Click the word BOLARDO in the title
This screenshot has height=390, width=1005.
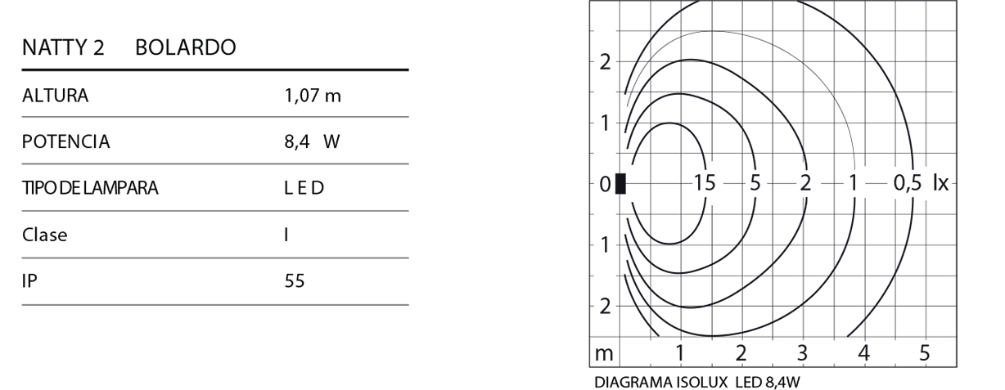tap(186, 47)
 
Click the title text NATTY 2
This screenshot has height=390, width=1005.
tap(63, 47)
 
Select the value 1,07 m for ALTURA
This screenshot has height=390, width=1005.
tap(313, 96)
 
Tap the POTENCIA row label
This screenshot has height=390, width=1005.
tap(65, 141)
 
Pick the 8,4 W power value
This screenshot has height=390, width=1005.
tap(313, 141)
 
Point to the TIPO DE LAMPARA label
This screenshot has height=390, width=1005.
tap(90, 188)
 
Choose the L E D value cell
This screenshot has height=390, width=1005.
tap(304, 188)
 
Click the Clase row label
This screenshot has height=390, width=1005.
tap(44, 235)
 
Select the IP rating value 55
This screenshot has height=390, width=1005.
tap(295, 281)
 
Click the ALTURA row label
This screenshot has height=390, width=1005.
tap(55, 96)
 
